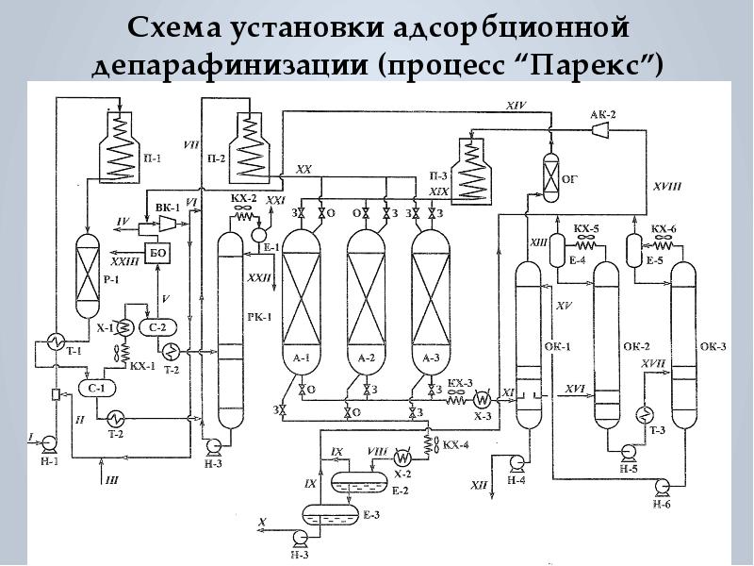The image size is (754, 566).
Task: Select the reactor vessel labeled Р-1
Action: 87,274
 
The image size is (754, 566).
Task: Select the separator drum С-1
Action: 96,387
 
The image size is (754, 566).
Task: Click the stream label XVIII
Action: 665,187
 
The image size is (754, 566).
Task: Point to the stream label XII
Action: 480,485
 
